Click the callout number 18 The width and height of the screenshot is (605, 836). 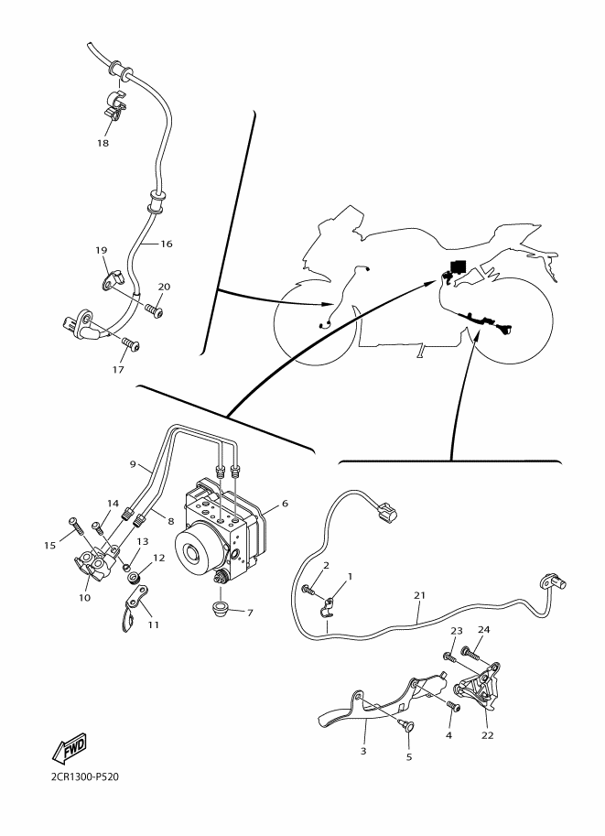103,143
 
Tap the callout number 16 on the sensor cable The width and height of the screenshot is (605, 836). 167,244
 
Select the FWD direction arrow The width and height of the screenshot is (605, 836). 70,748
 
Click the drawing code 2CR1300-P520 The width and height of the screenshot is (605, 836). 85,776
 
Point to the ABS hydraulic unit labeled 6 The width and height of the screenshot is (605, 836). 219,527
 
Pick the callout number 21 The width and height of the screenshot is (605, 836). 419,595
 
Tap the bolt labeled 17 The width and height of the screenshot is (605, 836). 130,344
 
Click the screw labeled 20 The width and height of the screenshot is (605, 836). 154,309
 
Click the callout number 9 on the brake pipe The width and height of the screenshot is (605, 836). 133,463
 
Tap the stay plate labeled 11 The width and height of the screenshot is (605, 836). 134,608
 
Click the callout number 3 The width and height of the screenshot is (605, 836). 363,751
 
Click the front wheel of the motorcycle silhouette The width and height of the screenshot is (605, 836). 316,321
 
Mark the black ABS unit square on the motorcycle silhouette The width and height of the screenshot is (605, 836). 458,266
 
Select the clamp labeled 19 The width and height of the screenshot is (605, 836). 112,280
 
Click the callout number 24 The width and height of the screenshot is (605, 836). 483,629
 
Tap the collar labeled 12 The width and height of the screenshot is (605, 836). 134,577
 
